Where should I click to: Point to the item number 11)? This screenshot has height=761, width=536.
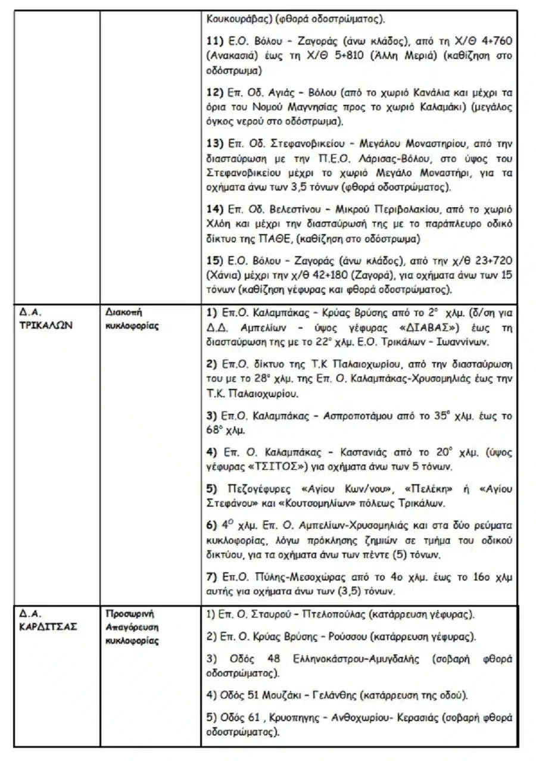(214, 39)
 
